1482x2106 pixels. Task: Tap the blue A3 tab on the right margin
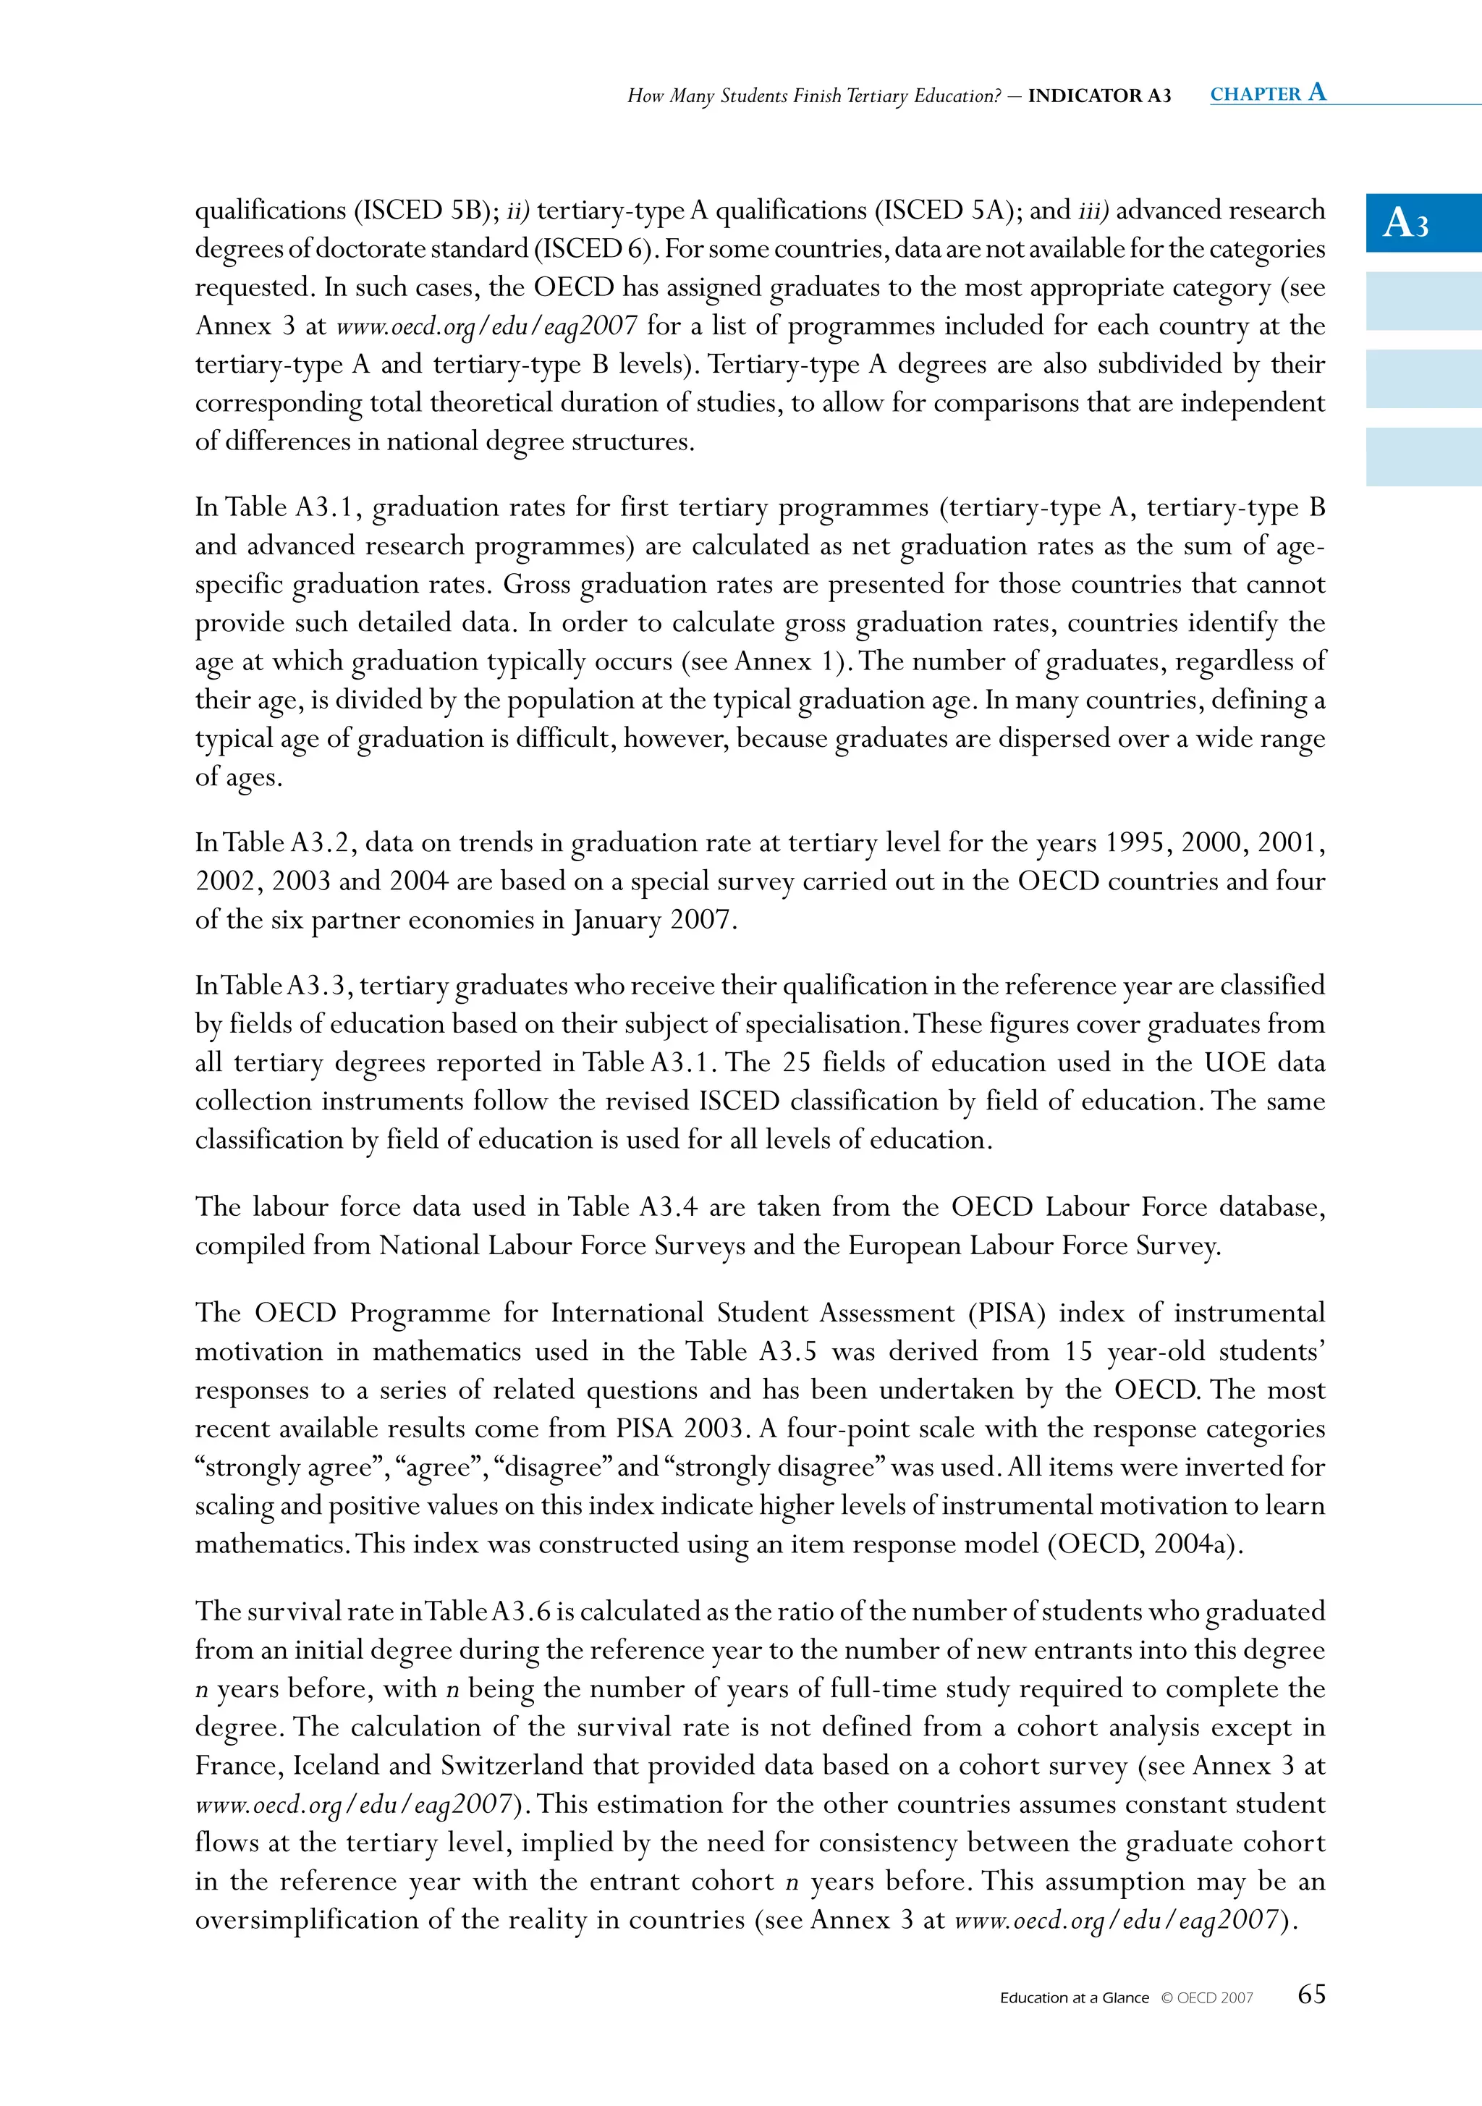[x=1423, y=223]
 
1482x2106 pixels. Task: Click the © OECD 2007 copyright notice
[x=1206, y=1997]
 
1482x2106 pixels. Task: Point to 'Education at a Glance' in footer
[x=1074, y=1997]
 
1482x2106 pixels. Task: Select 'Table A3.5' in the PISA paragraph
[x=751, y=1351]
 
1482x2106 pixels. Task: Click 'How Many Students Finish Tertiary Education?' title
[x=813, y=96]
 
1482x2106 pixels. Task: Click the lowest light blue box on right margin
[x=1423, y=456]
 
